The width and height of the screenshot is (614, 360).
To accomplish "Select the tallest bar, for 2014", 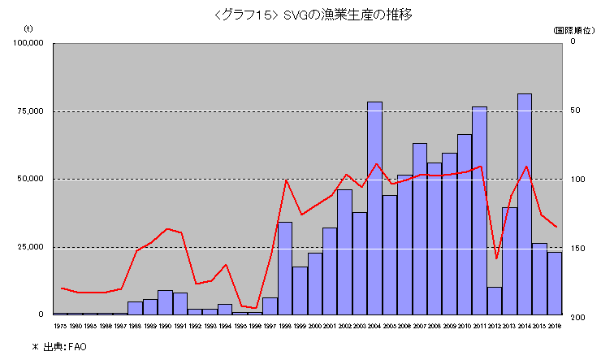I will point(525,204).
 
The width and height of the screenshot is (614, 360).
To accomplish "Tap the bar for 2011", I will point(479,210).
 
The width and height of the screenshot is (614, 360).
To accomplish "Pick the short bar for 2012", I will point(495,301).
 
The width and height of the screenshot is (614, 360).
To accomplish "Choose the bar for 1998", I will point(284,268).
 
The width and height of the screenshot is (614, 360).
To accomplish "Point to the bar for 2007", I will point(420,228).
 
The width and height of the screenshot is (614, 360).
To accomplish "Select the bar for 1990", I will point(165,302).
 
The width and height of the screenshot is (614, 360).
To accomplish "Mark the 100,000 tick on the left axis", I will point(28,43).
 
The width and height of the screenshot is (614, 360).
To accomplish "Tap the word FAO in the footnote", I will point(77,347).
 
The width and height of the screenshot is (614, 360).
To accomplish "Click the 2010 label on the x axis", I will point(465,326).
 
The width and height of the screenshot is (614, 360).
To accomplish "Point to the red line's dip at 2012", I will point(496,258).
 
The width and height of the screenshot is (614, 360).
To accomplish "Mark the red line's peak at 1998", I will point(286,180).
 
